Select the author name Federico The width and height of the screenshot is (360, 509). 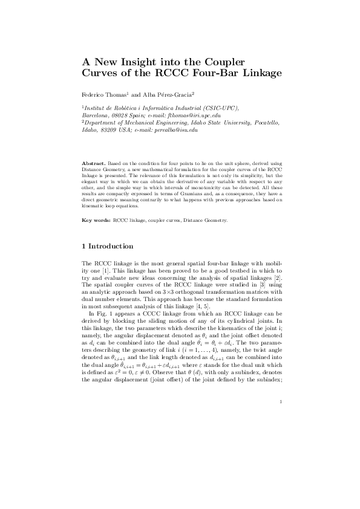click(97, 95)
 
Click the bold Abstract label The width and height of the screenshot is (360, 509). click(94, 163)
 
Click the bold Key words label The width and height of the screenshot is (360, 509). click(96, 220)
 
